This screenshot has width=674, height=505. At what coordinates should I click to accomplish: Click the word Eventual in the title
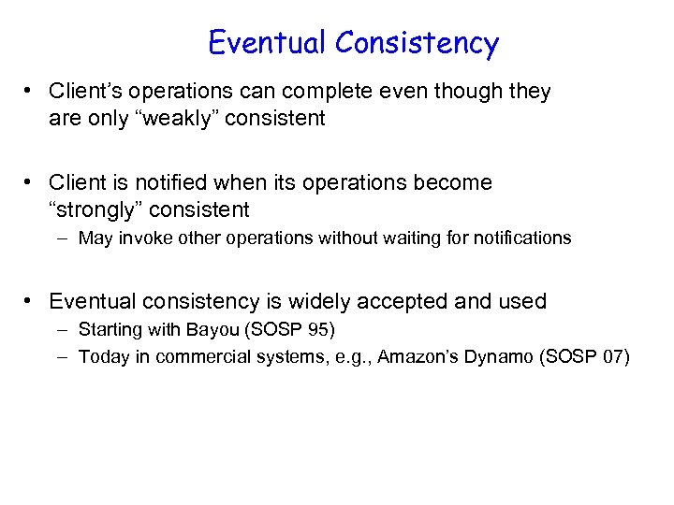(x=267, y=43)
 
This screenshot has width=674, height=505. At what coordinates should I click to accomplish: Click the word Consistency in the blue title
(x=417, y=43)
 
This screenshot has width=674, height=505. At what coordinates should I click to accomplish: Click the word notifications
(x=522, y=238)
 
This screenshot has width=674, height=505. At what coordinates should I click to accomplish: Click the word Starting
(x=109, y=329)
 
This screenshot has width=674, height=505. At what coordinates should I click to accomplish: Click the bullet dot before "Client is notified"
(x=31, y=182)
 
